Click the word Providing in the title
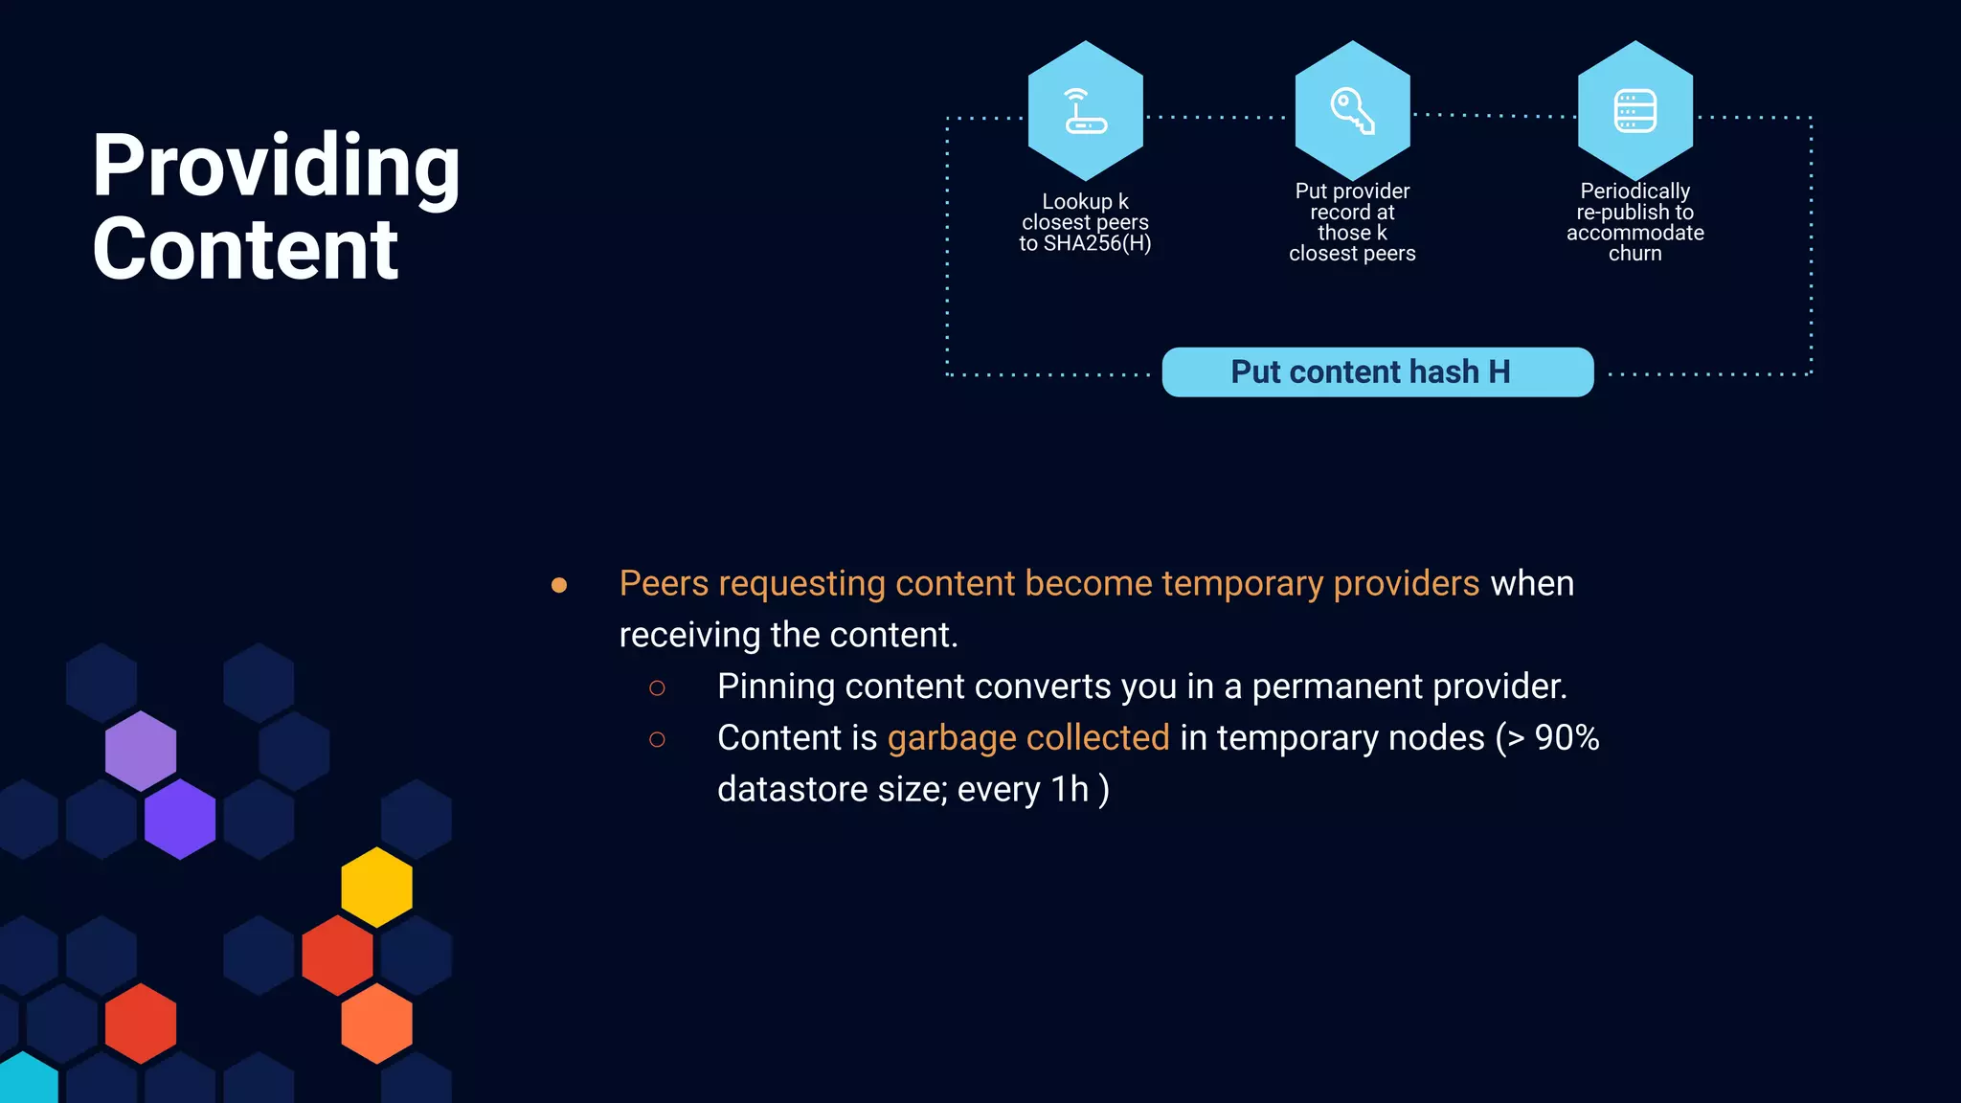[x=276, y=166]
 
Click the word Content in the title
[x=245, y=249]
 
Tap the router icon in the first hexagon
[x=1085, y=111]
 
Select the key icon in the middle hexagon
[x=1352, y=111]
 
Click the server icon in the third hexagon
[x=1634, y=111]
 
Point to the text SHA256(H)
[x=1097, y=243]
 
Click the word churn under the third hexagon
[x=1634, y=254]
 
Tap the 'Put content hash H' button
[x=1377, y=371]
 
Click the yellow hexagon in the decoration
[x=376, y=887]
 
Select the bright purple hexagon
[x=180, y=819]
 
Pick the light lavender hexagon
[x=141, y=750]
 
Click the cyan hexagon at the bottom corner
[x=27, y=1082]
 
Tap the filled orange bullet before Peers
[x=559, y=585]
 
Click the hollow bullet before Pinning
[x=657, y=687]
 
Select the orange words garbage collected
[x=1027, y=738]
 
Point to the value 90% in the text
[x=1567, y=738]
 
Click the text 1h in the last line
[x=1070, y=790]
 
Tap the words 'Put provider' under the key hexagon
[x=1352, y=191]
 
